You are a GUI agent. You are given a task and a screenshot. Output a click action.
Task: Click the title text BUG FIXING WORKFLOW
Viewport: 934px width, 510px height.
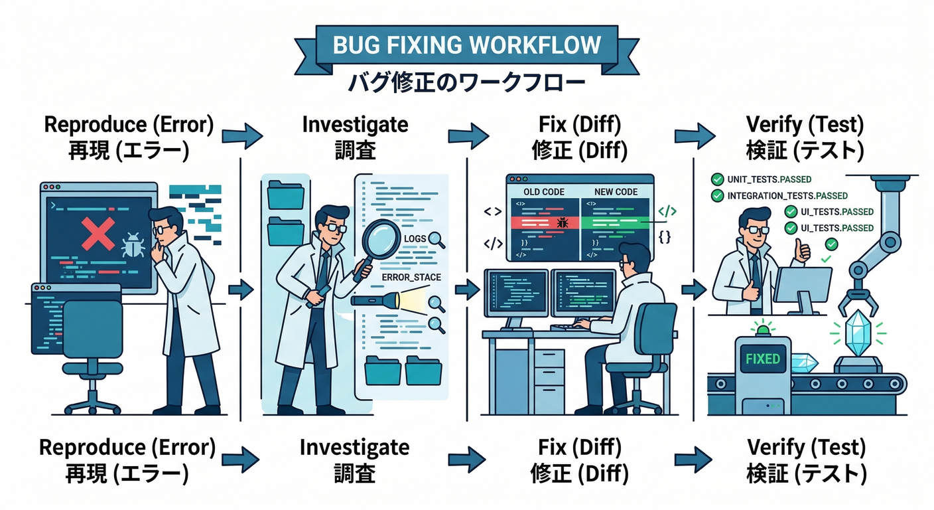pos(468,44)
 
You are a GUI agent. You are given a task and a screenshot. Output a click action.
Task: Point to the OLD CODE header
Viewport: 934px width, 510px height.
pos(544,192)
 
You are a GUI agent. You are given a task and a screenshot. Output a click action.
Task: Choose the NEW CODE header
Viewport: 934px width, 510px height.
pos(616,192)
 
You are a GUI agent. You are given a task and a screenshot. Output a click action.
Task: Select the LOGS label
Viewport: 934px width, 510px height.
pos(415,239)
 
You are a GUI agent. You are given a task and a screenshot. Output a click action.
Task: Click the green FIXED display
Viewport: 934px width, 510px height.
pos(762,359)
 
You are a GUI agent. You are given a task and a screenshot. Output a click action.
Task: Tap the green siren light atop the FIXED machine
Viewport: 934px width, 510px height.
pos(762,328)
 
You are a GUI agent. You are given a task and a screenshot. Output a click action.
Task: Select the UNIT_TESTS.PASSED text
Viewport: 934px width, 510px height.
pos(769,179)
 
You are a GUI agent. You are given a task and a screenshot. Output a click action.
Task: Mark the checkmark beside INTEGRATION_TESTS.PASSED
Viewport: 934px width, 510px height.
pos(717,196)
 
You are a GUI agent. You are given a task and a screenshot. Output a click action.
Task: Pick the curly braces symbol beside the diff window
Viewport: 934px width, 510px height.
pos(665,236)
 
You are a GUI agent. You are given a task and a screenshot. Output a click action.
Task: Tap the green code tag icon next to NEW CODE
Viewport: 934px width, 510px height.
pos(667,212)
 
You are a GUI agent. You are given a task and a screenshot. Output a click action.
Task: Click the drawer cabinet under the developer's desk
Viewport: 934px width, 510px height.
pos(549,378)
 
